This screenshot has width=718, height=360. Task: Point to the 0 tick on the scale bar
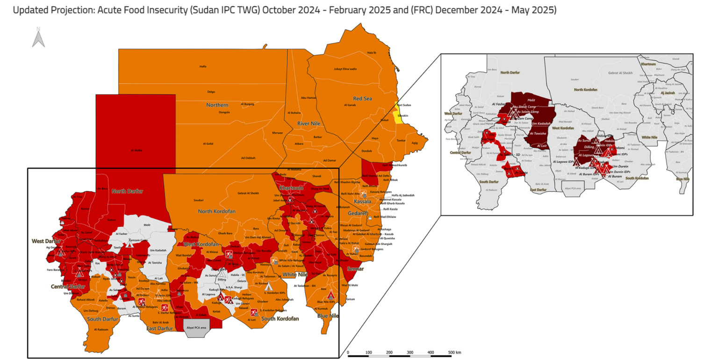pos(348,352)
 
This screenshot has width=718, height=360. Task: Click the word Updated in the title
pos(32,10)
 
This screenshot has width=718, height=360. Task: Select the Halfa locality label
pos(203,66)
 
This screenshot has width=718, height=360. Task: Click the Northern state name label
pos(218,105)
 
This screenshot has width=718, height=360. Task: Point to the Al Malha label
pos(136,151)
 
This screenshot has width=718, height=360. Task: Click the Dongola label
pos(224,112)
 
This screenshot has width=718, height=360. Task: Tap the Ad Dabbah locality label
pos(248,158)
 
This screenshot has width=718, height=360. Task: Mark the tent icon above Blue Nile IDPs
pos(331,295)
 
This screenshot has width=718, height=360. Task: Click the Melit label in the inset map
pos(531,100)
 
